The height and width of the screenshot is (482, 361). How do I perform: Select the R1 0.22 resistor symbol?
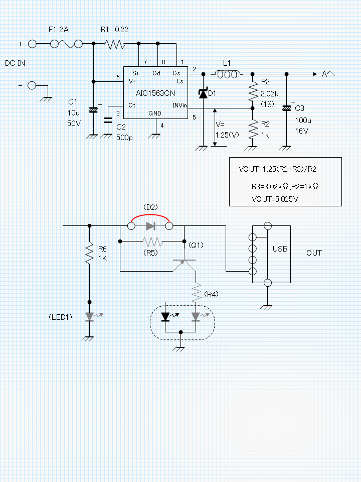pos(115,44)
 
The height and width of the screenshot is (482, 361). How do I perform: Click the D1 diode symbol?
pos(203,93)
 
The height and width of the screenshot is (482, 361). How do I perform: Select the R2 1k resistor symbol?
pos(252,129)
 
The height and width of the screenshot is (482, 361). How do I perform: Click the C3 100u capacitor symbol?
pos(286,107)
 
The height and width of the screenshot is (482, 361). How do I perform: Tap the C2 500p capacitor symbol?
pos(107,120)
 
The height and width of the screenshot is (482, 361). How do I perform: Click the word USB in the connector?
pos(280,249)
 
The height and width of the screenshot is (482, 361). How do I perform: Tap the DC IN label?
pos(15,64)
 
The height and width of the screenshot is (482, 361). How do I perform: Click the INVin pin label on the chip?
pos(179,105)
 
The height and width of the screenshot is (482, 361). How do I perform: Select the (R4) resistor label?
pos(211,294)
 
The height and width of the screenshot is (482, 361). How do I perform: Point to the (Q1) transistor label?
pos(196,245)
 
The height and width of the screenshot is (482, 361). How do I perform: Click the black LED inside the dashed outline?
pos(165,317)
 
